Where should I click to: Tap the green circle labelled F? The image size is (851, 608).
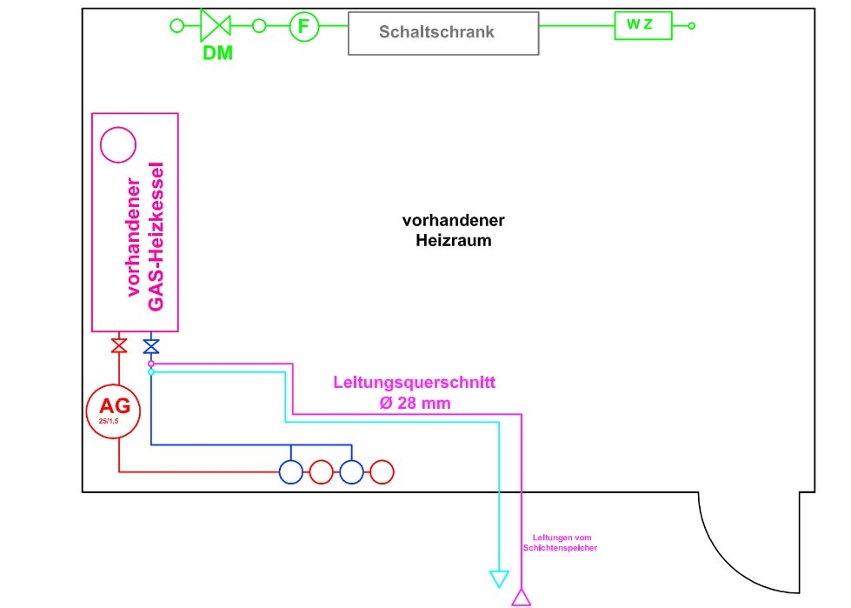(x=303, y=26)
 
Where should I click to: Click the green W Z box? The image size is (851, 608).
(x=643, y=25)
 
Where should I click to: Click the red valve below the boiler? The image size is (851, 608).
(x=119, y=346)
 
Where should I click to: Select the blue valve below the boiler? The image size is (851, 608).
(x=151, y=346)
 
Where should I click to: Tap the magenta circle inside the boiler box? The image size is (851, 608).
(x=118, y=144)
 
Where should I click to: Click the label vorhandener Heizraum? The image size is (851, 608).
(x=453, y=231)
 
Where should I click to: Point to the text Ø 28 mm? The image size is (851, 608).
(x=416, y=404)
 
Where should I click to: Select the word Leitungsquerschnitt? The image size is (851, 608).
(x=415, y=383)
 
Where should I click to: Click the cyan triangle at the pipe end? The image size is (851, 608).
(x=499, y=578)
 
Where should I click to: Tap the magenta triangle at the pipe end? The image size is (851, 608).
(x=522, y=596)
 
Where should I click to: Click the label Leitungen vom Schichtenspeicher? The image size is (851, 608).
(x=561, y=543)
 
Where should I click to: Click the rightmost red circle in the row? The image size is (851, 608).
(x=382, y=472)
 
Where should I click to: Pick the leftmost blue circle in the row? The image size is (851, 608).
(x=290, y=472)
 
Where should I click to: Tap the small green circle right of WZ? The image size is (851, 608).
(x=692, y=26)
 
